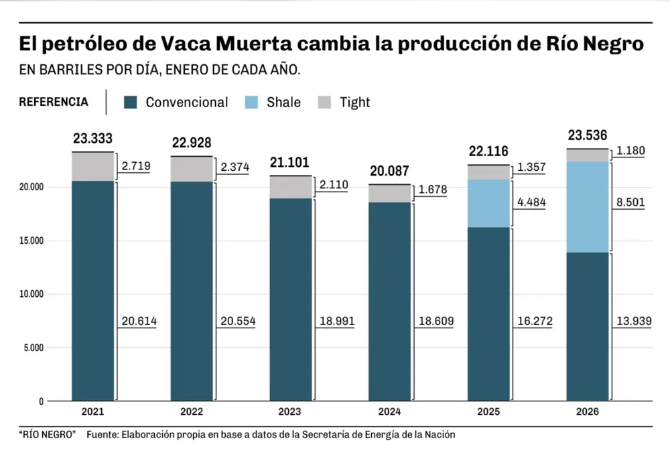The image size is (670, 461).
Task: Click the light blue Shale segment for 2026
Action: [588, 207]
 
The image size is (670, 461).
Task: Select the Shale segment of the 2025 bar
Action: [488, 203]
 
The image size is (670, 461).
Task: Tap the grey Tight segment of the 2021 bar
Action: [92, 167]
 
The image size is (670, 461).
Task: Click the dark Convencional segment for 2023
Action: [290, 300]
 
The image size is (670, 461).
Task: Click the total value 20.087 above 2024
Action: [390, 171]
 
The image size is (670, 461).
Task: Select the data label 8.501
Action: [629, 206]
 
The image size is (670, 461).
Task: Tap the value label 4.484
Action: [531, 202]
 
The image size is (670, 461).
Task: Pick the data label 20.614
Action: [139, 322]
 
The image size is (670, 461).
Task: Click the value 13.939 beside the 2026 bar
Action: [629, 322]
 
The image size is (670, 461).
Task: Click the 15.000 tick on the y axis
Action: [28, 241]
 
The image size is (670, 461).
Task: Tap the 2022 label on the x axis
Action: [192, 411]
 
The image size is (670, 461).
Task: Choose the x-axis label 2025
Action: [488, 411]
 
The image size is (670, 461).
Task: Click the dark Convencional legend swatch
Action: [131, 103]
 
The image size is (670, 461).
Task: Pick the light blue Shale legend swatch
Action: [252, 103]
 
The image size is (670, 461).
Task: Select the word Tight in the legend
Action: [354, 103]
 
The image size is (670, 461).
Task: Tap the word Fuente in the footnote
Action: [102, 435]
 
